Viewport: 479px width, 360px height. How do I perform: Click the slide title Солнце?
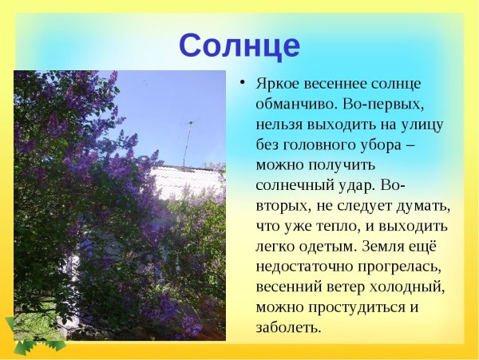[x=239, y=45]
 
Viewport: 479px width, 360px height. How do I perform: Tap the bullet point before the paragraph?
[x=240, y=83]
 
